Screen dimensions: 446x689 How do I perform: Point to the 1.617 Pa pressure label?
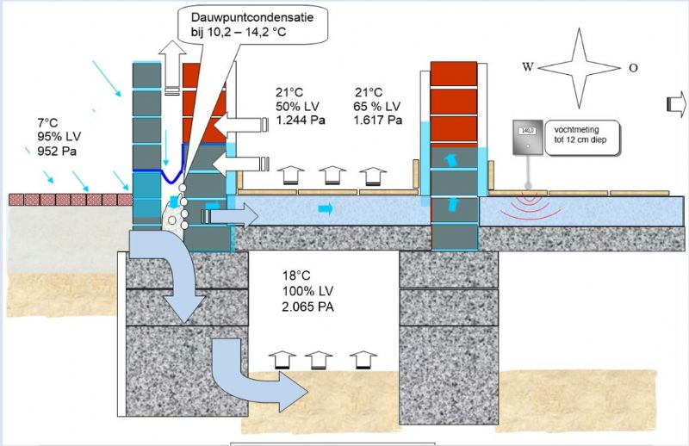click(x=378, y=120)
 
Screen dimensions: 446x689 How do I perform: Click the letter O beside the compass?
click(x=633, y=67)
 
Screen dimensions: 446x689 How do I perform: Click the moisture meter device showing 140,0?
click(x=525, y=139)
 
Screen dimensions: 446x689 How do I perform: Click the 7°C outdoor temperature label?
click(x=49, y=122)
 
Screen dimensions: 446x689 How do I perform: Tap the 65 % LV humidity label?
click(x=378, y=106)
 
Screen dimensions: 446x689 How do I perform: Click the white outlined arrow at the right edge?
click(x=676, y=104)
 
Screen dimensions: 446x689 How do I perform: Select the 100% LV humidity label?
click(x=307, y=291)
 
